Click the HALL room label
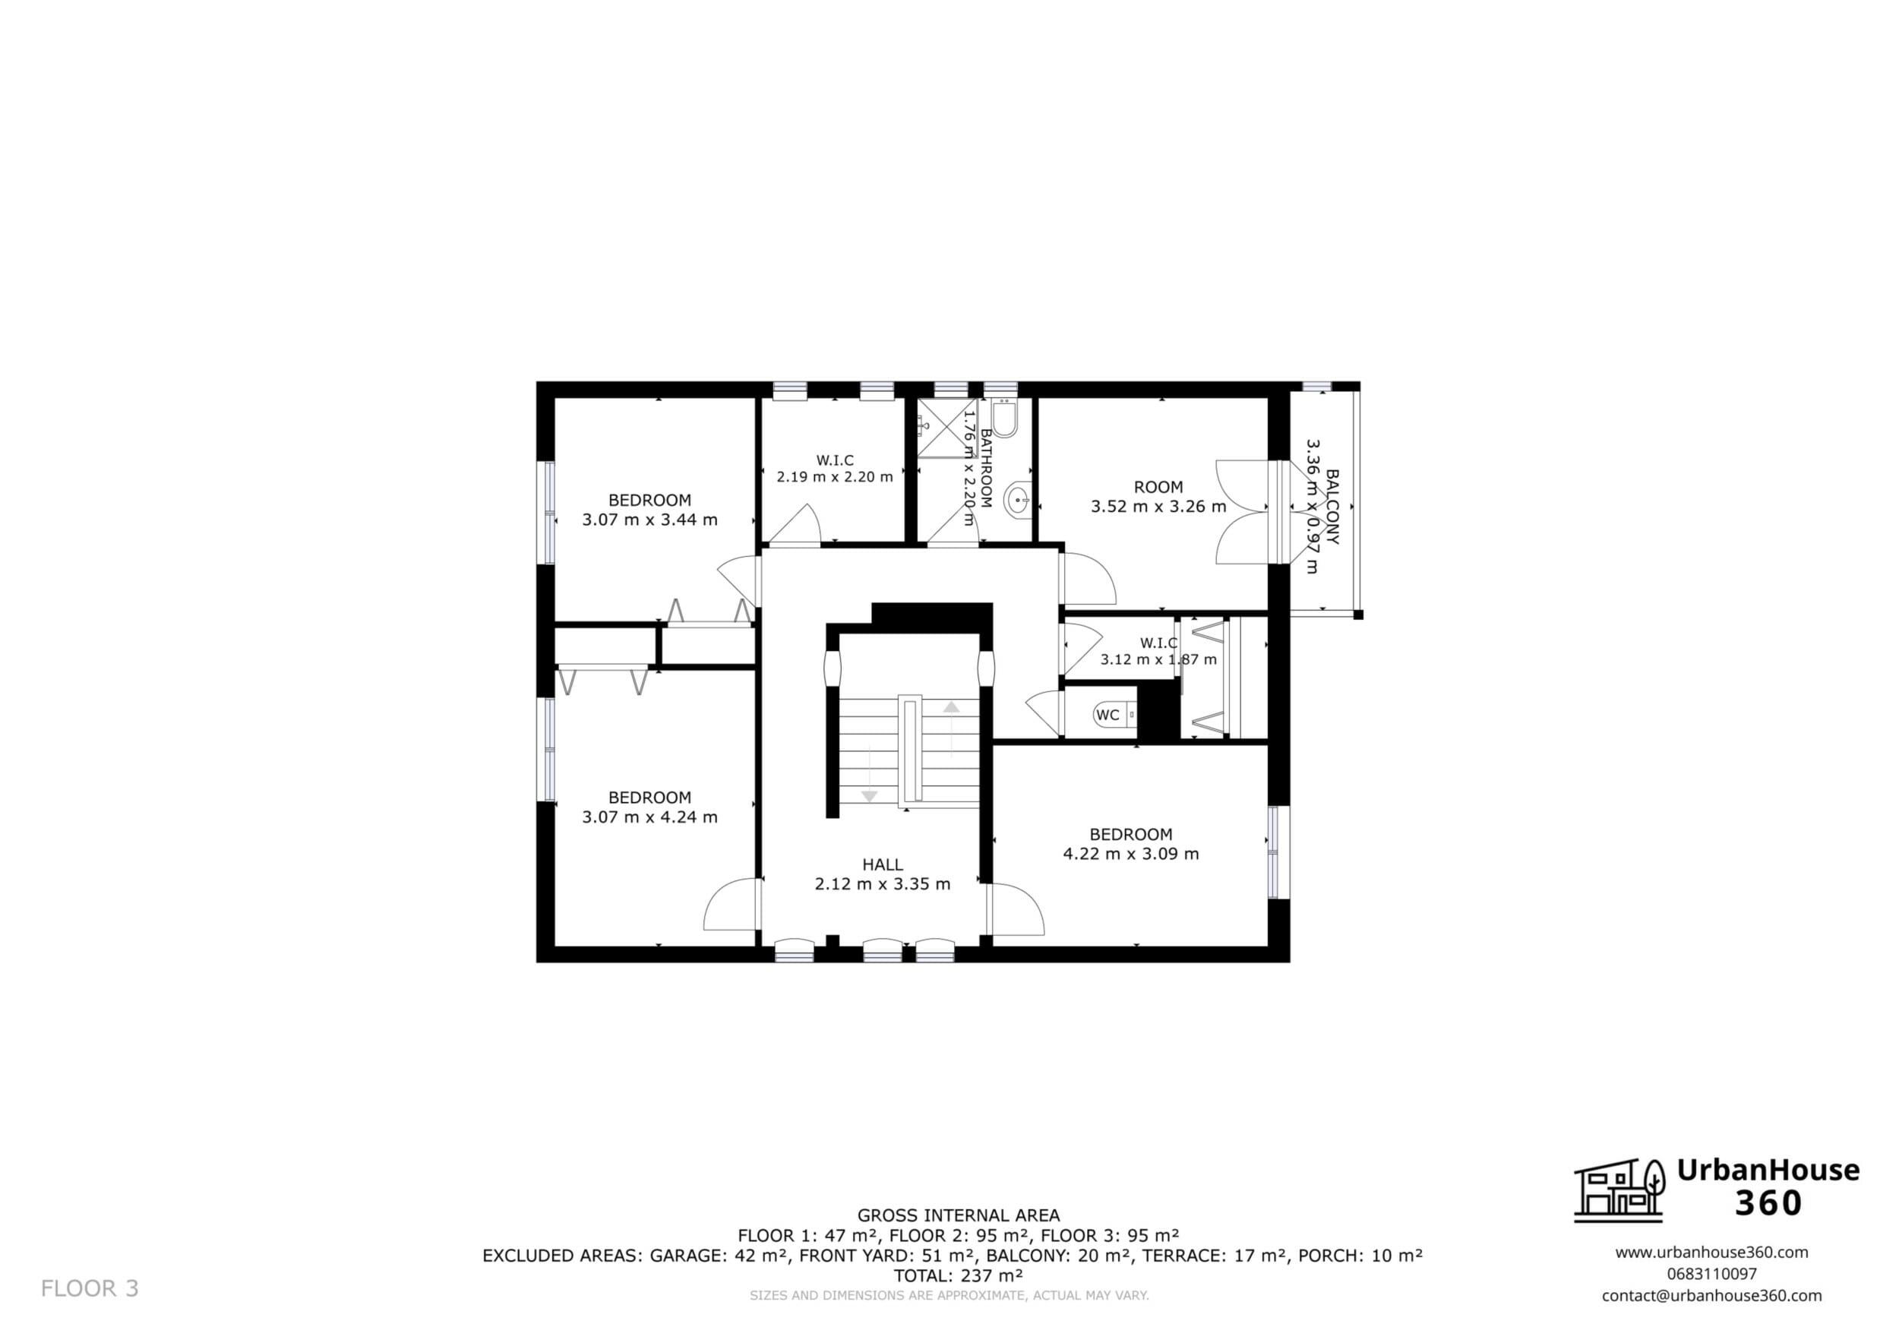click(883, 865)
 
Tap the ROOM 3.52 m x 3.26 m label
click(1158, 496)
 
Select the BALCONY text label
click(1332, 507)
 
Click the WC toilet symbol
click(1114, 715)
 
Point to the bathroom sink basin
click(1017, 500)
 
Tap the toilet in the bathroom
click(1005, 419)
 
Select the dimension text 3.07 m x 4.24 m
click(649, 817)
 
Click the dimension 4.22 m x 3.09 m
click(1130, 854)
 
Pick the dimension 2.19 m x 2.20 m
click(835, 477)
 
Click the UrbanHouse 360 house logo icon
click(1619, 1190)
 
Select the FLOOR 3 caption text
click(90, 1288)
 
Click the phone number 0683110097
click(1711, 1275)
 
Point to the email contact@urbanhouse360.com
click(1711, 1296)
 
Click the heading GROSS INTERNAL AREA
click(959, 1215)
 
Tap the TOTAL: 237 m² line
click(959, 1275)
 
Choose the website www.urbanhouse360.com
click(1711, 1252)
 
